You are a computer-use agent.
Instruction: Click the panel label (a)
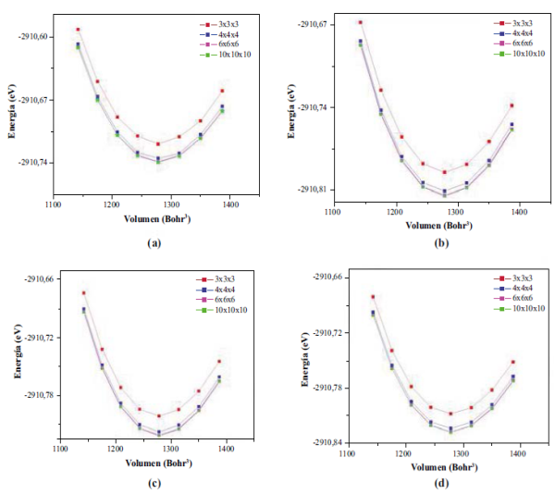154,242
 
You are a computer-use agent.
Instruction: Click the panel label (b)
442,242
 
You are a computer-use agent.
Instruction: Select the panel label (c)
154,483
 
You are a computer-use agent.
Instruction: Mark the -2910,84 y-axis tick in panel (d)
322,442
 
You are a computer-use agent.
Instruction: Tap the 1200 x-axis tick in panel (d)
403,455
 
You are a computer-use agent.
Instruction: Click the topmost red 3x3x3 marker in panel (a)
78,30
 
